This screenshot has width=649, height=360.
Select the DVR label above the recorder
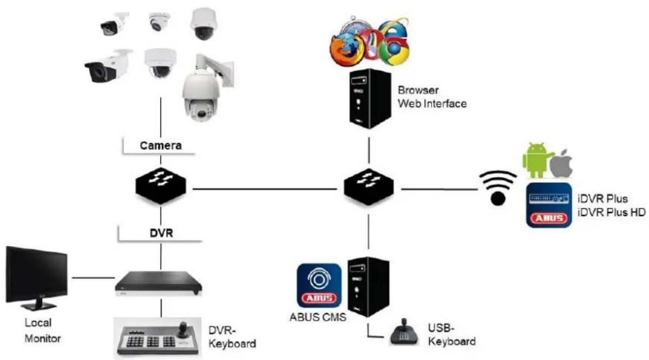(160, 233)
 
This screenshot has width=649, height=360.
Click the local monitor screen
(35, 275)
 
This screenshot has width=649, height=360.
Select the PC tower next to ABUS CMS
(368, 285)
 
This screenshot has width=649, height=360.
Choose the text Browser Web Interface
(431, 96)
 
